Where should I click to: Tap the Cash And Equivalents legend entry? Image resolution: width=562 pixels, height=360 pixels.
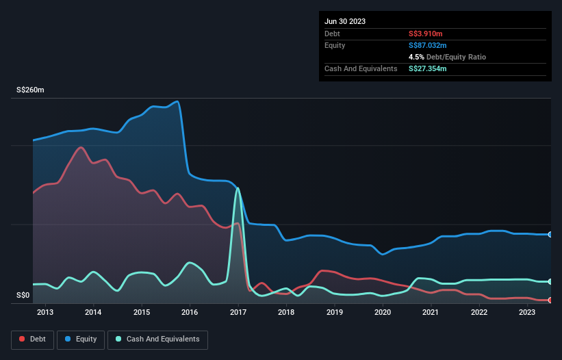click(x=157, y=339)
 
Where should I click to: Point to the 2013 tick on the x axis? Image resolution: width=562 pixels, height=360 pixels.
click(x=45, y=313)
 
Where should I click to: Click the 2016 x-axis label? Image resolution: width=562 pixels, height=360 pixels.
click(x=190, y=313)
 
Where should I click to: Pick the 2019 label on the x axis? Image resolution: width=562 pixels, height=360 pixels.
click(x=334, y=313)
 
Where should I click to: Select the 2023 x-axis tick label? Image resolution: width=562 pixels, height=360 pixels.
click(x=527, y=313)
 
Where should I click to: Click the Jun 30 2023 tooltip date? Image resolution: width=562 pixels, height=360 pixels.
click(x=345, y=21)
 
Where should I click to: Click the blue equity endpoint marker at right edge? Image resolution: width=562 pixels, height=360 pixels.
click(x=550, y=234)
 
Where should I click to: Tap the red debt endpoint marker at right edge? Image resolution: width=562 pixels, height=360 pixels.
click(x=550, y=300)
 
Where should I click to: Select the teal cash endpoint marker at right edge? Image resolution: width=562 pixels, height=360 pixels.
click(x=550, y=281)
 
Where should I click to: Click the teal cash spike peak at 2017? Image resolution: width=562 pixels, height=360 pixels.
click(x=238, y=188)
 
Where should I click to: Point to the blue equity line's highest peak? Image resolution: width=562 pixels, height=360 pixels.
click(x=178, y=101)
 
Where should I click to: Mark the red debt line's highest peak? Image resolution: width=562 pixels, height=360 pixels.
click(x=81, y=147)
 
